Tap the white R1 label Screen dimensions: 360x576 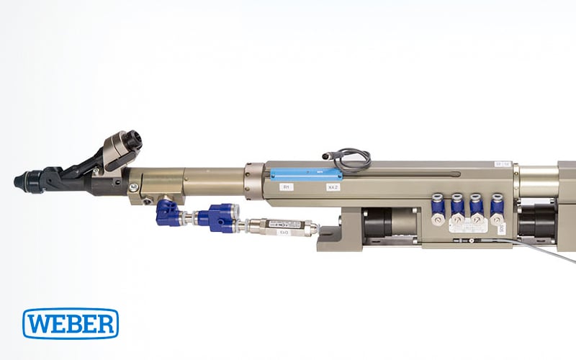(x=286, y=186)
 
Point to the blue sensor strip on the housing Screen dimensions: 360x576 (x=305, y=174)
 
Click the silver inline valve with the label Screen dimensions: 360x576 (x=285, y=228)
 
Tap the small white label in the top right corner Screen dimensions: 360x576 (x=503, y=165)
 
